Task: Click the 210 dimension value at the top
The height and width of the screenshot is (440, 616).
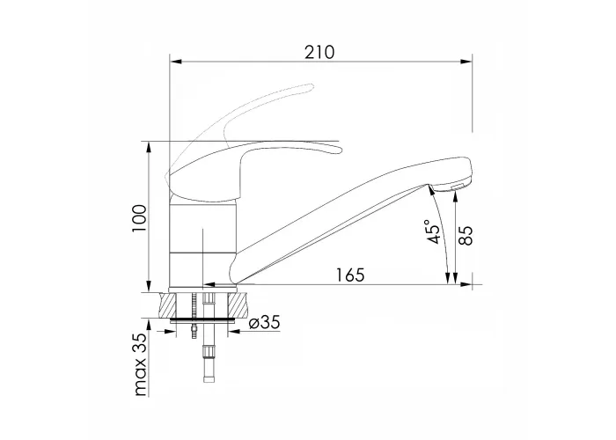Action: click(319, 52)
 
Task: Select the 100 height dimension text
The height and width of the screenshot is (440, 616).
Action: click(139, 218)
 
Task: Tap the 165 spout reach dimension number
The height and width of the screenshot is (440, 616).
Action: click(350, 275)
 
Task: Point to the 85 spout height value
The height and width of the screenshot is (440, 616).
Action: click(466, 236)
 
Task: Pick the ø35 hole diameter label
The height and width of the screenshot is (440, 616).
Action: click(265, 322)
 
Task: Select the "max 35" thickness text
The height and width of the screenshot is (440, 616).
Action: click(139, 363)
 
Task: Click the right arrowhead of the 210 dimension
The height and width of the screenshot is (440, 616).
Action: click(466, 62)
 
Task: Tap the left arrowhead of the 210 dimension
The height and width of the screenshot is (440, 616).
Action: click(175, 62)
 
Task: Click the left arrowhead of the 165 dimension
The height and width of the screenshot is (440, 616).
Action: click(209, 284)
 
